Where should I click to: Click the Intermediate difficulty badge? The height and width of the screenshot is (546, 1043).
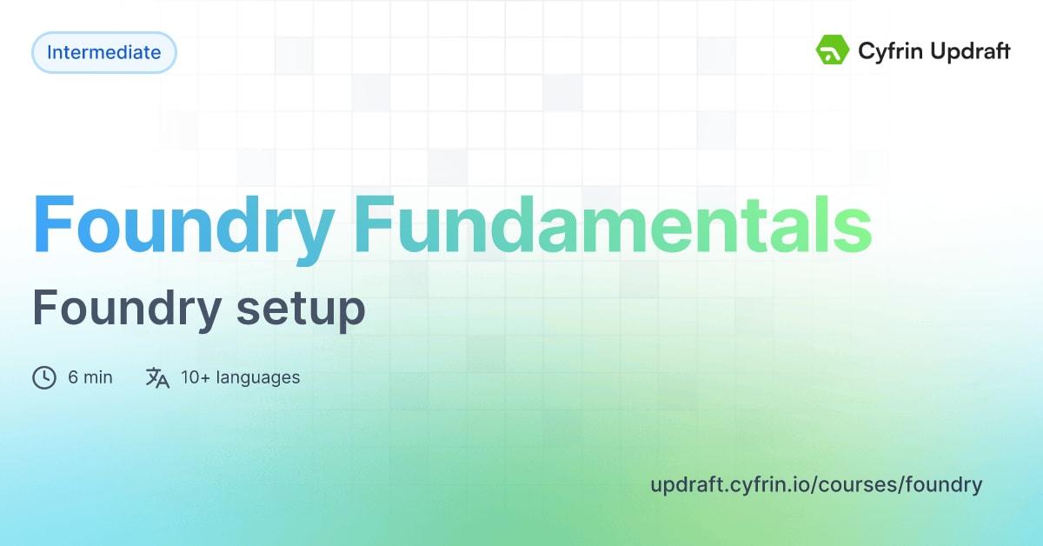click(x=103, y=52)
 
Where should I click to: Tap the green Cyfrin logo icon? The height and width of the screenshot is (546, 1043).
click(x=832, y=51)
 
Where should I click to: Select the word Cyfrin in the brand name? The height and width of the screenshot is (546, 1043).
click(x=887, y=52)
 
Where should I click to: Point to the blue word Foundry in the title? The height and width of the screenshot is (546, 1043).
click(x=183, y=225)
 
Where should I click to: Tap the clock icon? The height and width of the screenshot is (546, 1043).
click(x=44, y=377)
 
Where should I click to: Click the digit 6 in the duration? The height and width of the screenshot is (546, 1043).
click(x=73, y=377)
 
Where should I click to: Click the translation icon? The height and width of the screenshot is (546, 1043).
click(x=157, y=377)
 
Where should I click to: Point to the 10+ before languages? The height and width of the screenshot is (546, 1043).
click(x=196, y=377)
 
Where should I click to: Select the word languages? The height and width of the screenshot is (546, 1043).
click(x=258, y=378)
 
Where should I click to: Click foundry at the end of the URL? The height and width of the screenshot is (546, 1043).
click(x=943, y=485)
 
